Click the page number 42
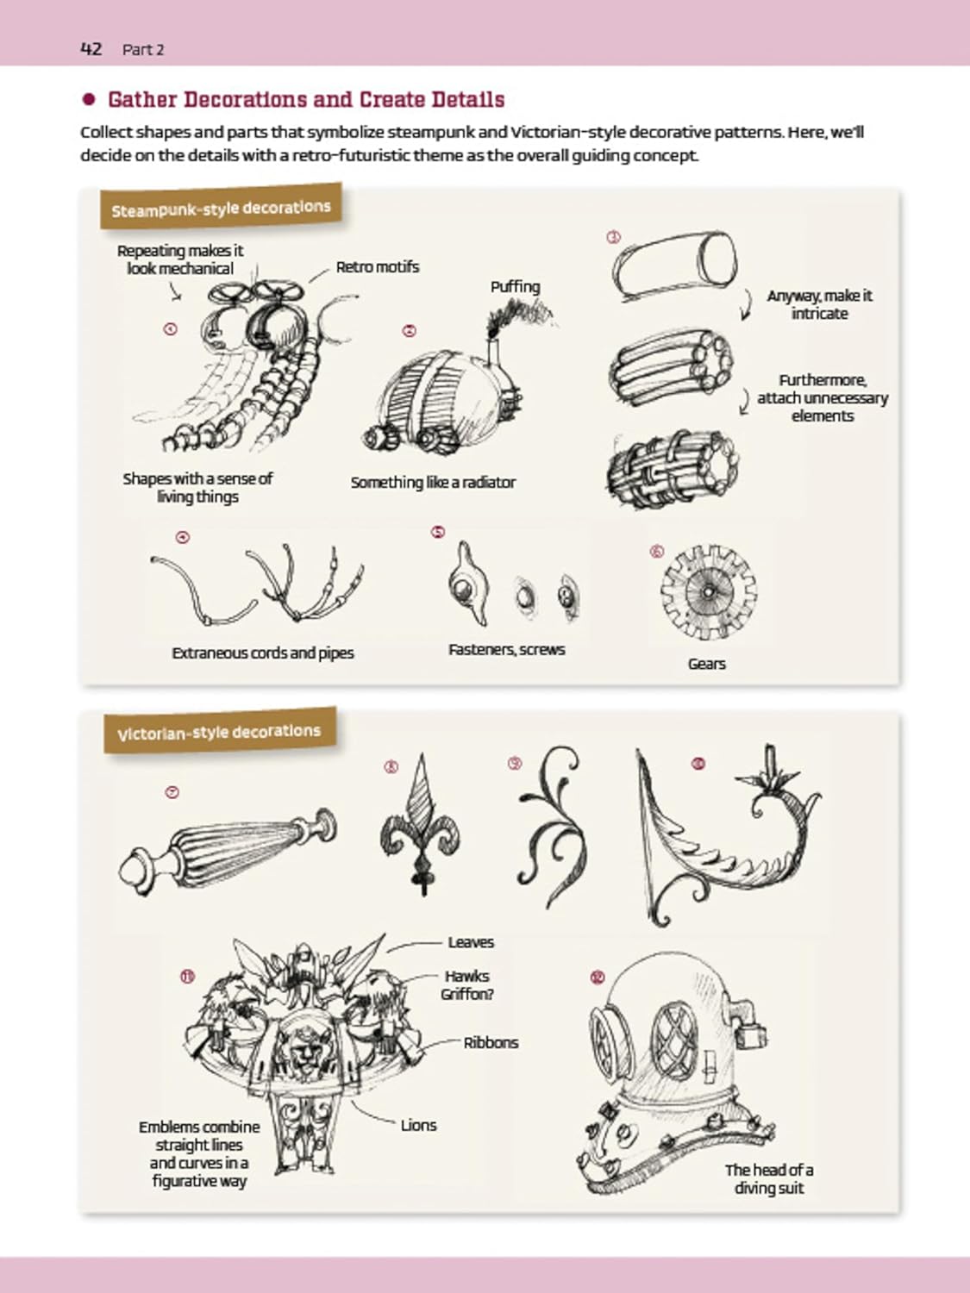coord(91,49)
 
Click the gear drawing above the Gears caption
coord(709,593)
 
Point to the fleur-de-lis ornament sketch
coord(421,825)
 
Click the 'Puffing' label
coord(516,287)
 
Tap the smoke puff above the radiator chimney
coord(518,317)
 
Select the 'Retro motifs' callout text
coord(378,267)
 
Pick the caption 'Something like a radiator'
coord(433,483)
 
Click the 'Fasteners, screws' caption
coord(506,650)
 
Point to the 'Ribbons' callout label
coord(491,1043)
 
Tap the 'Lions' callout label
coord(419,1125)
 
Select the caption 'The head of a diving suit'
coord(769,1178)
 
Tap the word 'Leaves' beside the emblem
coord(471,942)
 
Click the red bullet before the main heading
coord(90,99)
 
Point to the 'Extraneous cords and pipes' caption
coord(263,653)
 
